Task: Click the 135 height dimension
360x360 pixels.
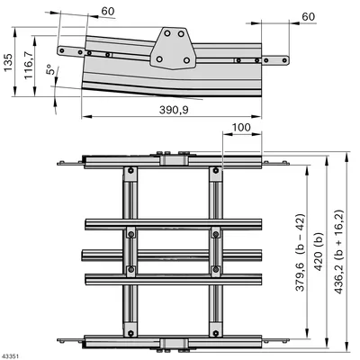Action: (8, 62)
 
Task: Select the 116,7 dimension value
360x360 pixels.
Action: (29, 65)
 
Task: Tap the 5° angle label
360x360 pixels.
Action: (50, 69)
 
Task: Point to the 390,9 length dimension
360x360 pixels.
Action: (174, 110)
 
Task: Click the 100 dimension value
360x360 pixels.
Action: (241, 128)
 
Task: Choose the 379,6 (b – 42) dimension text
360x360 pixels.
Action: (300, 252)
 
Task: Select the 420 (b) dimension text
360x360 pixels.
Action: (319, 251)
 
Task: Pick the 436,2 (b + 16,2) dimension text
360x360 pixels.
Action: (338, 251)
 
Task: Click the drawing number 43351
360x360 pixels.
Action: (10, 356)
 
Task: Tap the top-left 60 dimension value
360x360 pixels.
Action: (108, 11)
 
